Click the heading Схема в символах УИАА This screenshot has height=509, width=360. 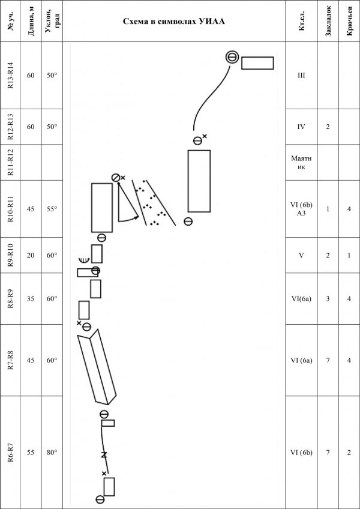174,22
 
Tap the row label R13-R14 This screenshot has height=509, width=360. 10,75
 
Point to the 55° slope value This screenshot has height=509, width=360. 52,209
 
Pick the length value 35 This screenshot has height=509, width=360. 31,299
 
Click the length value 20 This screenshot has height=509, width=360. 31,256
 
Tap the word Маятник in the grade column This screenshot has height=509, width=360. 302,163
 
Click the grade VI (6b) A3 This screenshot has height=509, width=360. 302,209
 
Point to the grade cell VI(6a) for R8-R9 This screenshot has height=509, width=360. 302,299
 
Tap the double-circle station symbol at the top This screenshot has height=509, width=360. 232,58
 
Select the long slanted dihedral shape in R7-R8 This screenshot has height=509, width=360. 97,367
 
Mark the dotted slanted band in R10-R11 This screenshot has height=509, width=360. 154,202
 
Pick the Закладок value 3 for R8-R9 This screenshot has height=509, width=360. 328,299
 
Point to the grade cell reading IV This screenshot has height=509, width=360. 302,127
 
